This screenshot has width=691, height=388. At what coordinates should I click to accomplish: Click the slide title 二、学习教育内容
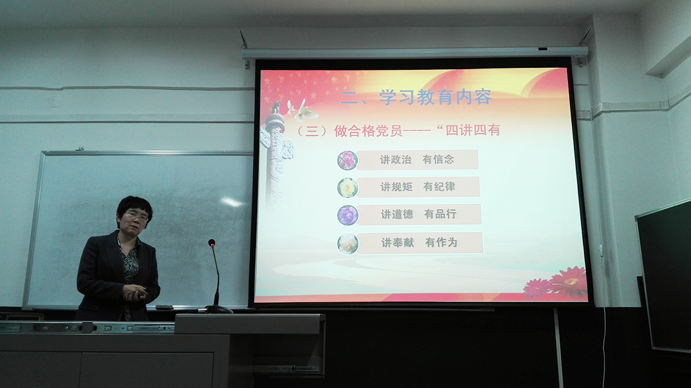[x=416, y=97]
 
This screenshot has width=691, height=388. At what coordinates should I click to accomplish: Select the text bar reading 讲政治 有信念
[x=417, y=159]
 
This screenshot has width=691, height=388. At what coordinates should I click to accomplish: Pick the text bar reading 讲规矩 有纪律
[x=418, y=187]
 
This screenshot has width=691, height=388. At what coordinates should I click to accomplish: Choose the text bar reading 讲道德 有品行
[x=419, y=214]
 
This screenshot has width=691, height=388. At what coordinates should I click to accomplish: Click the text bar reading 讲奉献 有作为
[x=420, y=243]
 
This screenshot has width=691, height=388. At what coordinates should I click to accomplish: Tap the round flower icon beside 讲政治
[x=347, y=160]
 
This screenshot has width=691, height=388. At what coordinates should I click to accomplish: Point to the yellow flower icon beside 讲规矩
[x=347, y=188]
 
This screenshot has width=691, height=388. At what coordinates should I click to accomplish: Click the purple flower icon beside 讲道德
[x=347, y=216]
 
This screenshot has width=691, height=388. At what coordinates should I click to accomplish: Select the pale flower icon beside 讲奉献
[x=347, y=244]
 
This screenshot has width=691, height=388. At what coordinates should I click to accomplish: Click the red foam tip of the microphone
[x=212, y=243]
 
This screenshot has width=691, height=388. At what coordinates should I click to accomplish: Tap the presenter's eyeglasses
[x=136, y=216]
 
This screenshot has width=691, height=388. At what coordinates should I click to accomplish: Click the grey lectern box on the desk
[x=250, y=344]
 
